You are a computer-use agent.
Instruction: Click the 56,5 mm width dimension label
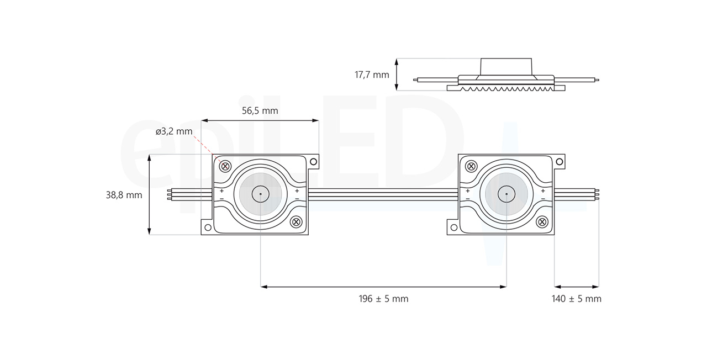point(260,110)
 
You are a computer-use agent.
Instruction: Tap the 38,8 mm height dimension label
point(124,195)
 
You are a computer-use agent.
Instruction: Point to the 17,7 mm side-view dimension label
point(372,75)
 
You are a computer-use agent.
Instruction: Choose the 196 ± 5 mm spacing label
point(383,299)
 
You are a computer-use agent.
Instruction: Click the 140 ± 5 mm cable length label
point(576,299)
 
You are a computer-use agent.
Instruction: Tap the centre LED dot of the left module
point(260,194)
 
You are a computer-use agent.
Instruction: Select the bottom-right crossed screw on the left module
point(296,222)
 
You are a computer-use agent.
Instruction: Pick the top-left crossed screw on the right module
point(471,166)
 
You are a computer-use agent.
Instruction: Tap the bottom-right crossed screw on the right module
point(542,222)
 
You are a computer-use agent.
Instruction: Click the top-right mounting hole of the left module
point(313,162)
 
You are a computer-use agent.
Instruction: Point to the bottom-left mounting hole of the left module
point(208,227)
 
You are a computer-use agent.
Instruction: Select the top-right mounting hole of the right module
point(559,162)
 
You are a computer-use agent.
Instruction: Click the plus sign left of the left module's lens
point(221,190)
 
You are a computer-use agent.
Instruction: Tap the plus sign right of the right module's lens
point(543,190)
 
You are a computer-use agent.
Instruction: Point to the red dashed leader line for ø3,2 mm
point(209,149)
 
